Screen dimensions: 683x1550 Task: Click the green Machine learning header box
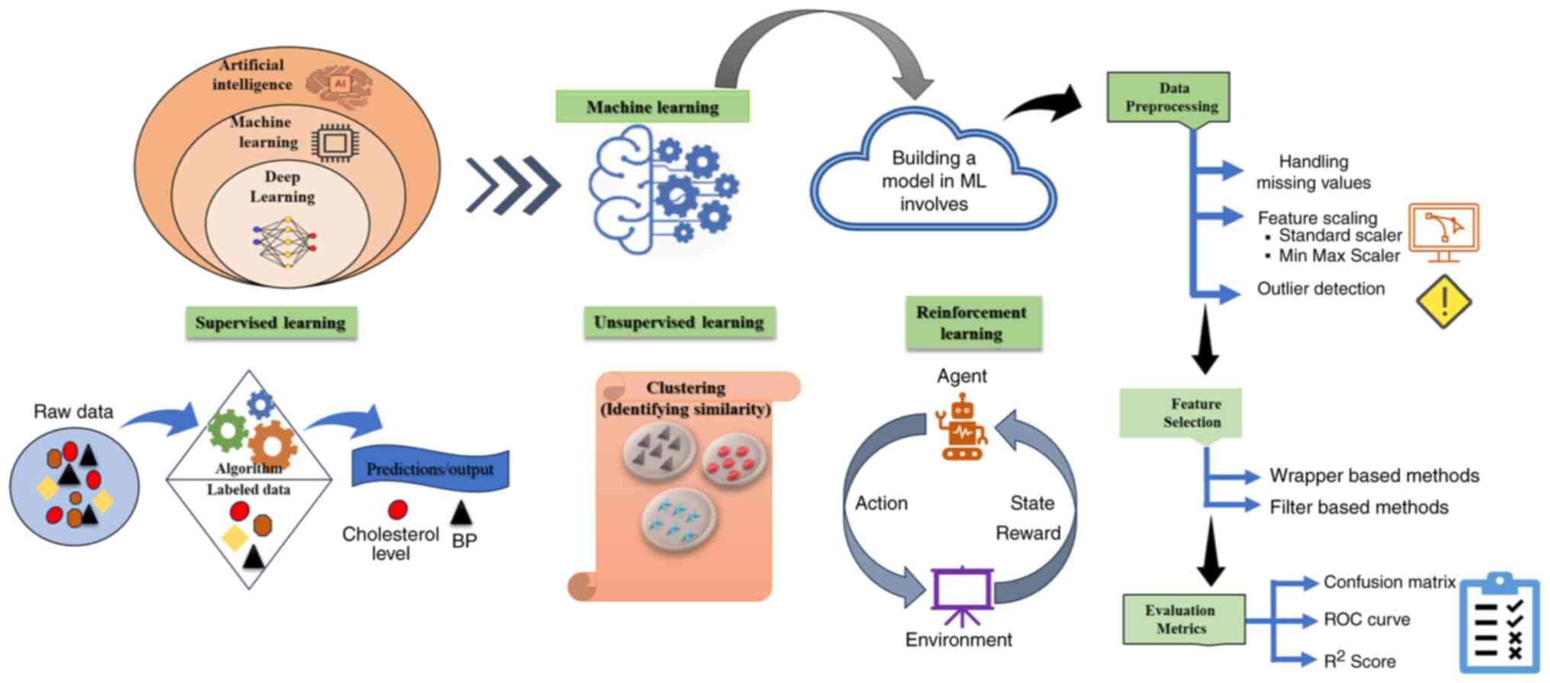click(x=652, y=107)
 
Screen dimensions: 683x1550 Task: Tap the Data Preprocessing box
click(x=1168, y=98)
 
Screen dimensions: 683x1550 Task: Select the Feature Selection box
click(x=1180, y=413)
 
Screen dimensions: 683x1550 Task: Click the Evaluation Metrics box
click(x=1183, y=619)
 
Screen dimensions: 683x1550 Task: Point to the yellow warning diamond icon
click(x=1443, y=301)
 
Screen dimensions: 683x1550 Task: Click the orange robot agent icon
click(x=962, y=428)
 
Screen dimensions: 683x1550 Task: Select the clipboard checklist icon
click(x=1499, y=624)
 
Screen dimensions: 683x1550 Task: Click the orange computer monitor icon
click(x=1443, y=231)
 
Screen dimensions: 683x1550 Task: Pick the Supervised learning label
click(x=271, y=322)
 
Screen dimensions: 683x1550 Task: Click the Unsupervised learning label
click(x=679, y=322)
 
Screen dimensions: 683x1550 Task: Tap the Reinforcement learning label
click(x=973, y=323)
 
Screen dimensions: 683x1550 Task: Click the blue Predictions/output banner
click(x=430, y=469)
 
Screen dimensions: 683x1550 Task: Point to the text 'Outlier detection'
click(x=1320, y=289)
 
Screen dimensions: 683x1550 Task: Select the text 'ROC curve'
click(x=1366, y=620)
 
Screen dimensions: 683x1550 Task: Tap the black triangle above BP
click(x=461, y=512)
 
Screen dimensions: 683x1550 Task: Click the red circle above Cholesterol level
click(x=397, y=509)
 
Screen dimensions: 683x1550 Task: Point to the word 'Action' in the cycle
click(x=881, y=503)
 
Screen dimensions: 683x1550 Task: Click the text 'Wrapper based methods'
click(x=1374, y=476)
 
